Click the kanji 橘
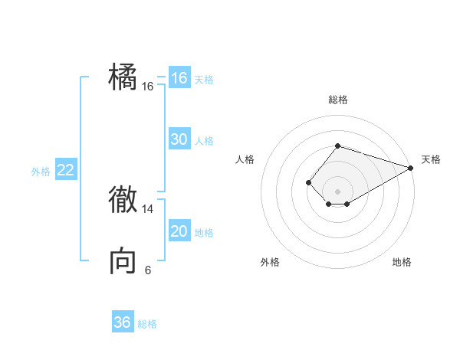[x=123, y=77]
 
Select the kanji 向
[x=123, y=261]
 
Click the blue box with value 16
[x=179, y=78]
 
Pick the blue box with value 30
[x=179, y=139]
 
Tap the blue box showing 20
[x=179, y=231]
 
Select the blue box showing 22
[x=65, y=170]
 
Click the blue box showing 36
[x=122, y=322]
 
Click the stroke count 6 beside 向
[x=148, y=270]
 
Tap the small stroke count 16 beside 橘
[x=148, y=87]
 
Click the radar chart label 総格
[x=337, y=100]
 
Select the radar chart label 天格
[x=431, y=159]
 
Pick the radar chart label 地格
[x=402, y=262]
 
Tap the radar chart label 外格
[x=270, y=262]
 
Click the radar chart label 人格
[x=245, y=159]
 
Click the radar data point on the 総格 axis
[x=337, y=146]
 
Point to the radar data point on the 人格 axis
[x=308, y=182]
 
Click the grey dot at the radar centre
[x=337, y=191]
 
